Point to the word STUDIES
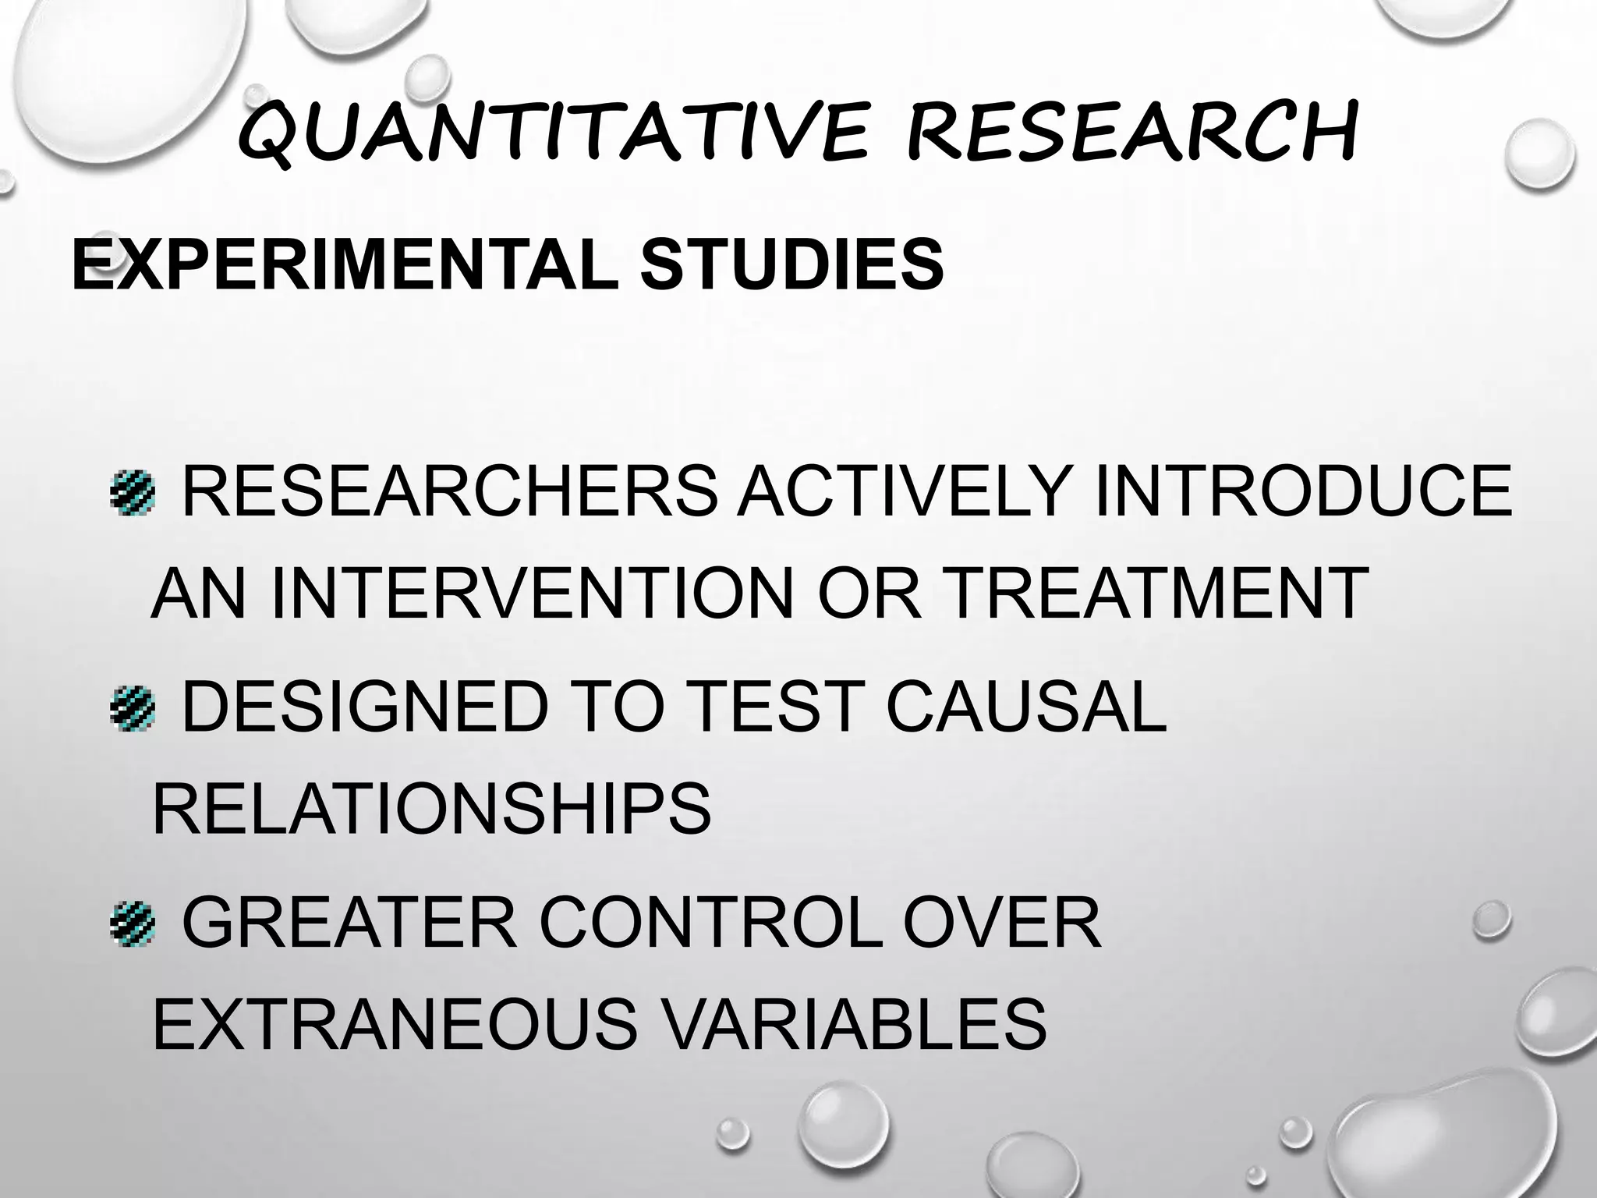click(791, 264)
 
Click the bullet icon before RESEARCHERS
click(133, 492)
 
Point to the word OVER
click(1003, 923)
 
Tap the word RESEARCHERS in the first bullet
click(449, 491)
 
